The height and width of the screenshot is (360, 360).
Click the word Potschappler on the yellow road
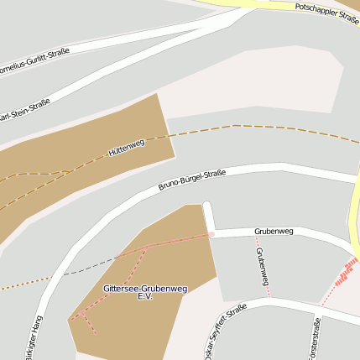click(316, 11)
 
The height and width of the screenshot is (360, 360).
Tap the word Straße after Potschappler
click(347, 18)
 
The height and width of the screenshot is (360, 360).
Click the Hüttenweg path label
click(127, 148)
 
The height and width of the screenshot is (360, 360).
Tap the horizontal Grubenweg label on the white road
click(274, 231)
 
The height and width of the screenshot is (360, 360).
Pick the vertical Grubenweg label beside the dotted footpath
click(263, 268)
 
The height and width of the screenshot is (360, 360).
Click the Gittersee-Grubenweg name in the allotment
click(144, 288)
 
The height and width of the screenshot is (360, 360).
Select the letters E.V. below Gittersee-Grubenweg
click(144, 297)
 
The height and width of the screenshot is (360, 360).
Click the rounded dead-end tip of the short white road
click(207, 206)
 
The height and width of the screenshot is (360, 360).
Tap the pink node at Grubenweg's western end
click(211, 234)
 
